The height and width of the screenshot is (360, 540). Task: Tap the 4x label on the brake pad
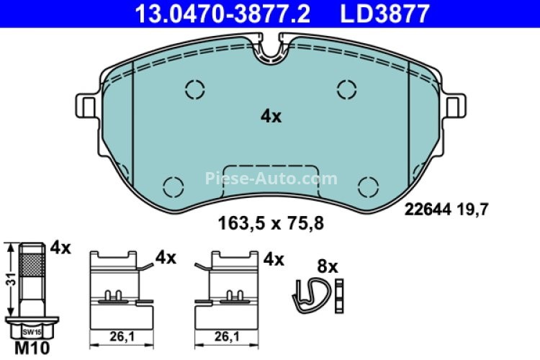point(271,117)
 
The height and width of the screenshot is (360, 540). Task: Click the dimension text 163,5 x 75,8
point(271,223)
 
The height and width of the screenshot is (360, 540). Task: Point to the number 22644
point(428,210)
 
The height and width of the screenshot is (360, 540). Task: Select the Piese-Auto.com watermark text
point(271,178)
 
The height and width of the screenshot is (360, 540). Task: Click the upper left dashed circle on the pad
point(195,89)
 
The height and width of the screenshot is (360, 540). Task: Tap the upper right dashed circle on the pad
point(347,89)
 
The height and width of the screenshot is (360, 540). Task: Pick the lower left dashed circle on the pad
point(174,187)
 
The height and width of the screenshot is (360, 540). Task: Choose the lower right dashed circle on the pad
point(369,187)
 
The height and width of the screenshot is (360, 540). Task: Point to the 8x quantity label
point(328,266)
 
